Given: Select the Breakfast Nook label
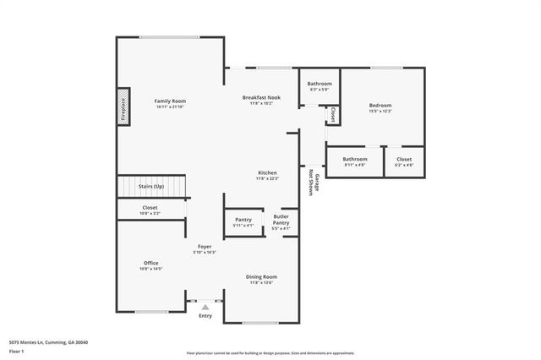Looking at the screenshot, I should click(x=261, y=98).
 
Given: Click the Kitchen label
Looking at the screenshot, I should click(x=267, y=173).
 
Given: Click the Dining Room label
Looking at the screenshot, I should click(x=261, y=277).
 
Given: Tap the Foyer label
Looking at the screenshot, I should click(x=205, y=247).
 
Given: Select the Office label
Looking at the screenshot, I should click(x=150, y=264).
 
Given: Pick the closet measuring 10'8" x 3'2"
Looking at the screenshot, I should click(x=150, y=210).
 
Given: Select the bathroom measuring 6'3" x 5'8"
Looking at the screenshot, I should click(x=319, y=85).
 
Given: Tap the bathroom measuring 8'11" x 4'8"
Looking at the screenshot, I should click(x=354, y=160).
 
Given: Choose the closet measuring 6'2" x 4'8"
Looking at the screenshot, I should click(x=403, y=160).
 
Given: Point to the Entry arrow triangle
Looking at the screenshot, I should click(x=205, y=308).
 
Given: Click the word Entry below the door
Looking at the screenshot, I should click(x=205, y=316).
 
